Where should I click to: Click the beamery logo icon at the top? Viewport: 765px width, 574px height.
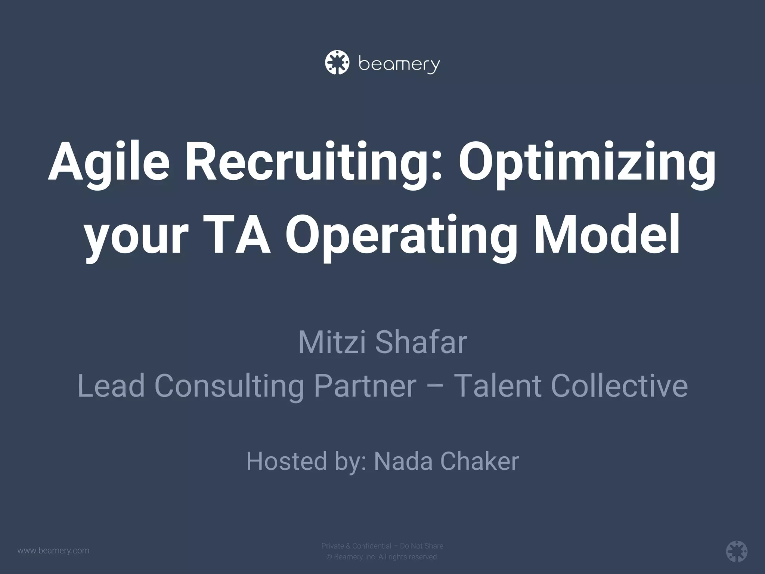pyautogui.click(x=337, y=62)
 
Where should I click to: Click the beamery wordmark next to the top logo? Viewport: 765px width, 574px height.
pyautogui.click(x=399, y=65)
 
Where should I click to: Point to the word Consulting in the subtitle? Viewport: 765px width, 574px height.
pyautogui.click(x=229, y=386)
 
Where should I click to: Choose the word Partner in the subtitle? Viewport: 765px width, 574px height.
pyautogui.click(x=365, y=386)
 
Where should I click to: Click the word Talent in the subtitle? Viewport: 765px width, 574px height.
pyautogui.click(x=498, y=386)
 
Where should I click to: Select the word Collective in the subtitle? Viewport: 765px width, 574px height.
pyautogui.click(x=619, y=386)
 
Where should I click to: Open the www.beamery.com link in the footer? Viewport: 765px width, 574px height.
pyautogui.click(x=53, y=550)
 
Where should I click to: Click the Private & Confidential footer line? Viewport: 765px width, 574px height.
pyautogui.click(x=382, y=546)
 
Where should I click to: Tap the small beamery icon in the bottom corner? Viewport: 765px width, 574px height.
pyautogui.click(x=737, y=551)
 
